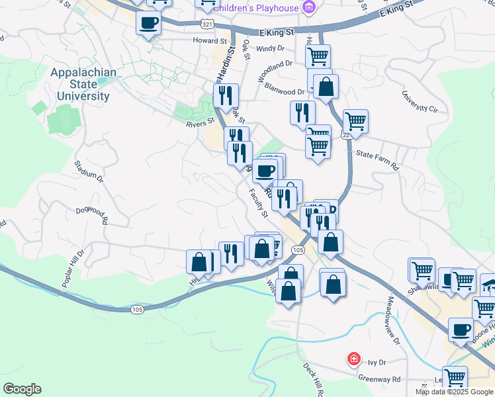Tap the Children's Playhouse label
[x=257, y=8]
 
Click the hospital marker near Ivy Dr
[x=354, y=359]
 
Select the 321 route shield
[x=208, y=24]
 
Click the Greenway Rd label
[x=379, y=380]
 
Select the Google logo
[x=22, y=389]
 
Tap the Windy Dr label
[x=270, y=48]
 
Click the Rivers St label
[x=201, y=122]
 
